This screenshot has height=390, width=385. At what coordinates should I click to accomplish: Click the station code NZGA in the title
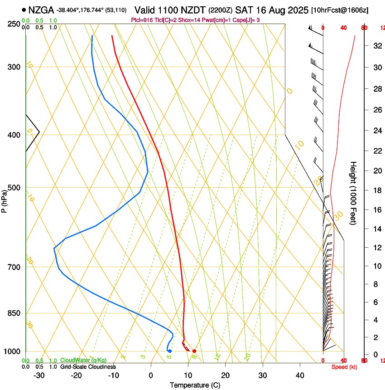coord(41,10)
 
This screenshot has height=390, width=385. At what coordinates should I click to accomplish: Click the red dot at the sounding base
coord(194,351)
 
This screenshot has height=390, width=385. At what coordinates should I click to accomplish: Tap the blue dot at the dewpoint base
coord(169,351)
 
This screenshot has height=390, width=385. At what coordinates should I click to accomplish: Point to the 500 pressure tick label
coord(14,188)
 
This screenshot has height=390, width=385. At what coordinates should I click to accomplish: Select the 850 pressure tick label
coord(14,313)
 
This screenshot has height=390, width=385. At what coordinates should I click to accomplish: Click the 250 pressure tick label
coord(14,24)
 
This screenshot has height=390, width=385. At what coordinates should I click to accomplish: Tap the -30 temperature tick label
coord(39,375)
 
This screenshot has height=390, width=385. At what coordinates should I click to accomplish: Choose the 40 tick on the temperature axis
coord(299,375)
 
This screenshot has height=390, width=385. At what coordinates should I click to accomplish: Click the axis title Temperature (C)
coord(195,385)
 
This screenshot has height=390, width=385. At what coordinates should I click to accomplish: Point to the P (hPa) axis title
coord(4,200)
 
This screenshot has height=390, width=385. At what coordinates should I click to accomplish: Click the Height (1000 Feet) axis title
coord(353,193)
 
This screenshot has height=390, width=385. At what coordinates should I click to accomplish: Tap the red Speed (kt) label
coord(344,367)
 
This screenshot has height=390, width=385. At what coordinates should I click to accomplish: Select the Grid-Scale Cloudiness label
coord(88,367)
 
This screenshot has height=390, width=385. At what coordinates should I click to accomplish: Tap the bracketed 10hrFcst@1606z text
coord(346,10)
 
